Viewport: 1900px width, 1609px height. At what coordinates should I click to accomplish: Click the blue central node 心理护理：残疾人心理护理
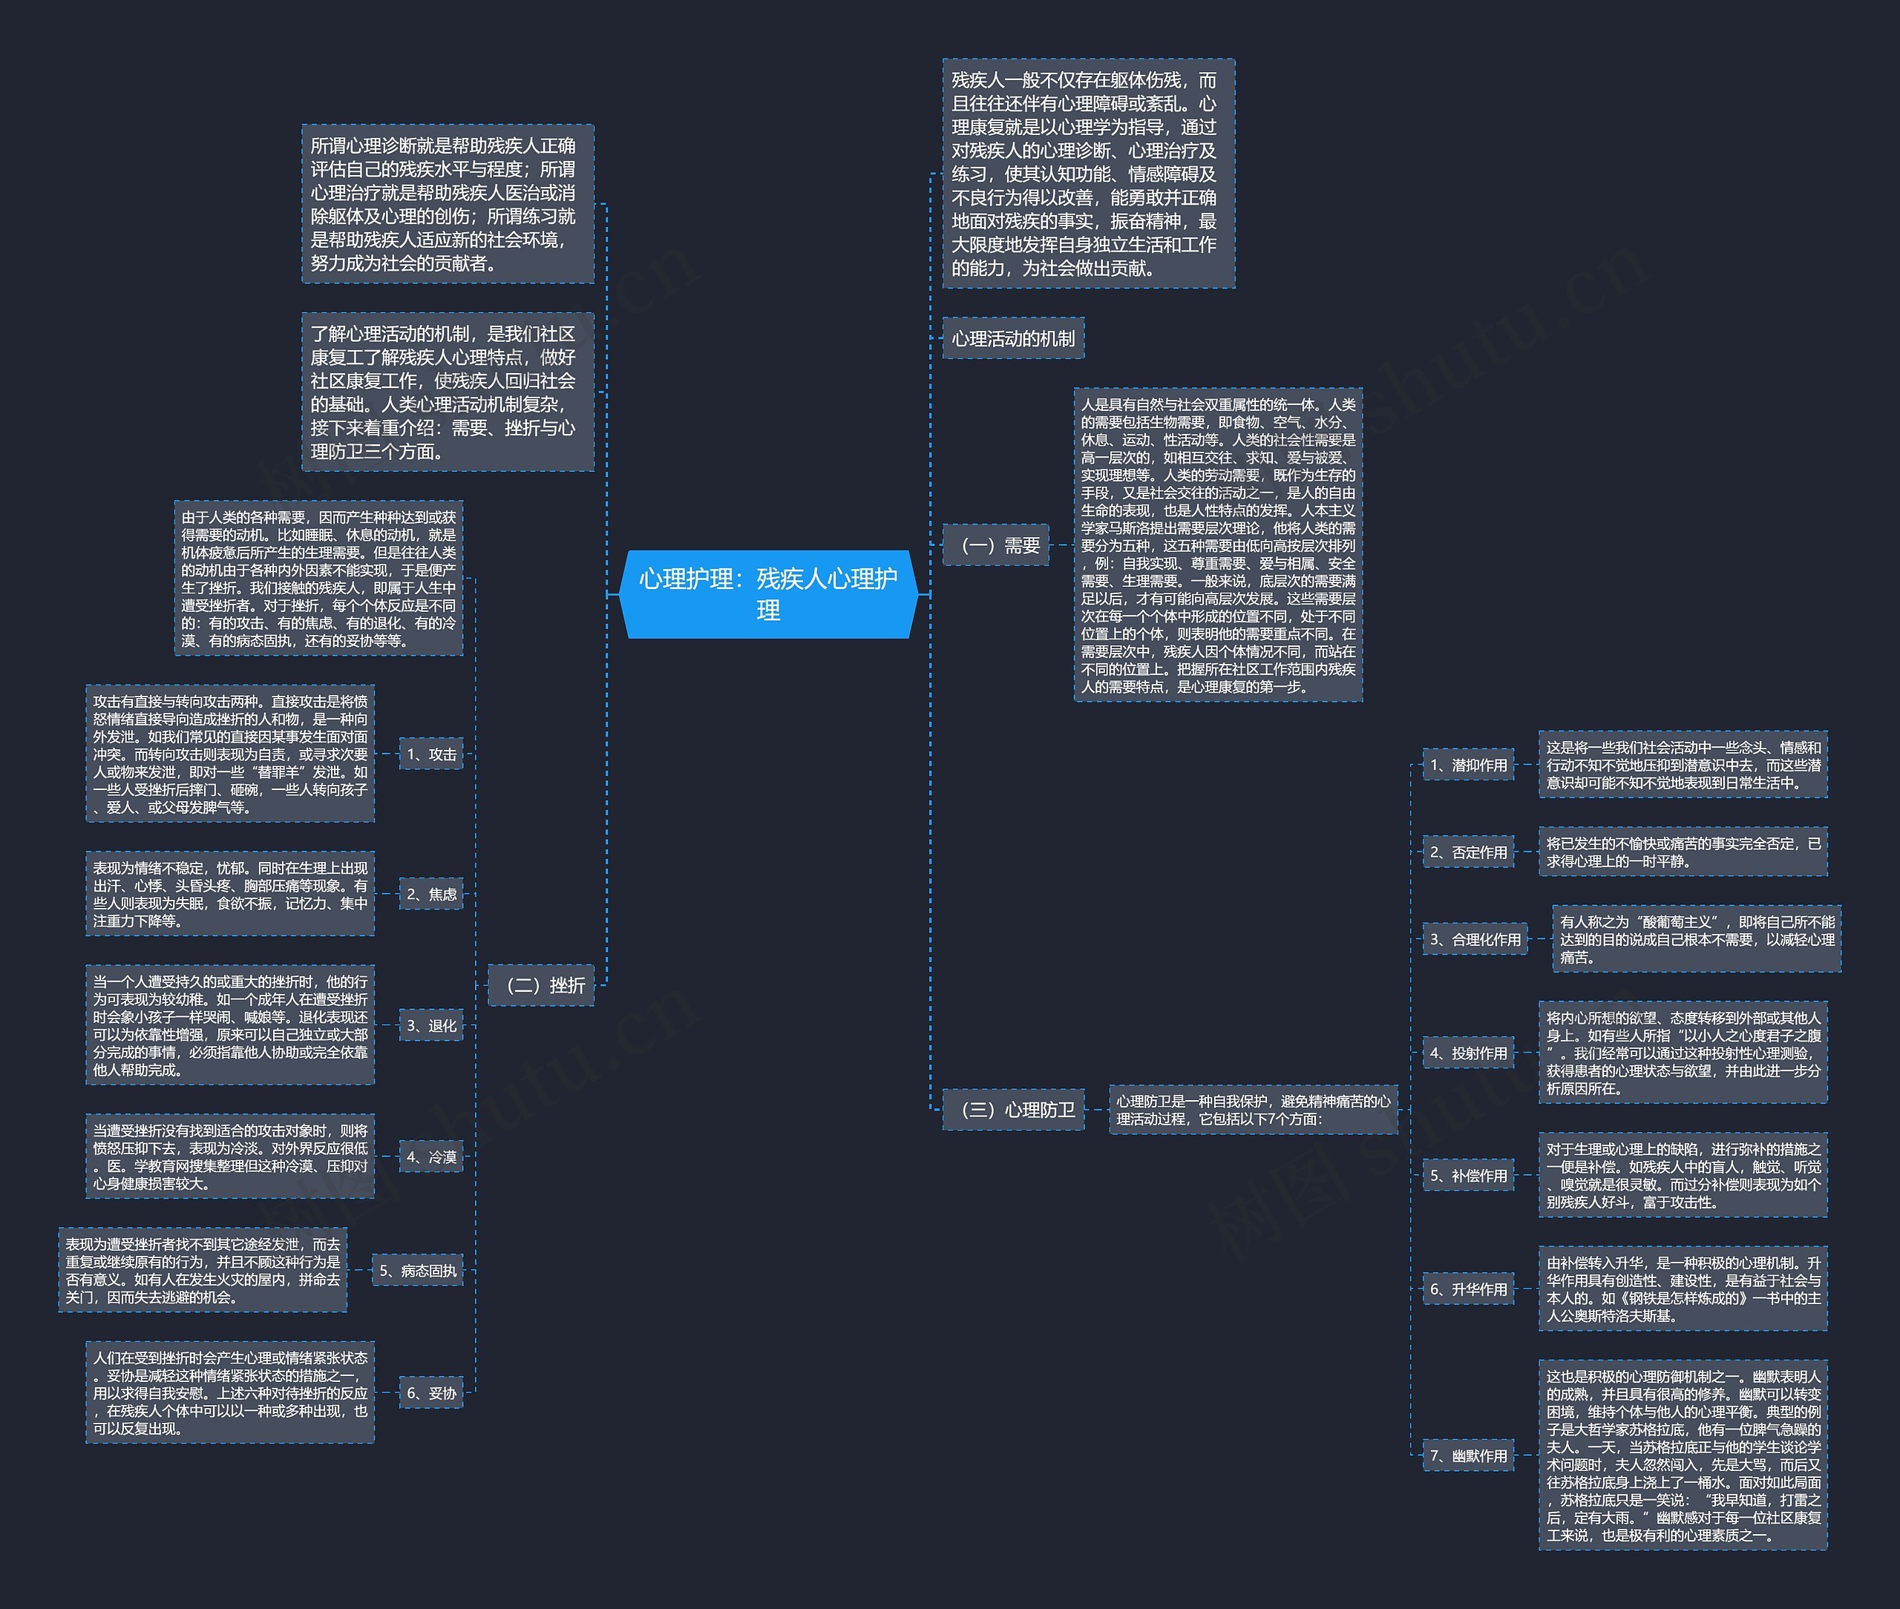[x=767, y=593]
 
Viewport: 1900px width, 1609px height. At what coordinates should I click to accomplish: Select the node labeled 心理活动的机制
[x=1013, y=338]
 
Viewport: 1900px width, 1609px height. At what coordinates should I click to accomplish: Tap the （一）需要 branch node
[x=995, y=544]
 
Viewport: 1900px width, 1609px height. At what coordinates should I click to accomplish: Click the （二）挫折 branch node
[x=541, y=985]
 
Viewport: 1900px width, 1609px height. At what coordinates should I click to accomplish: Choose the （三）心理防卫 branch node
[x=1013, y=1110]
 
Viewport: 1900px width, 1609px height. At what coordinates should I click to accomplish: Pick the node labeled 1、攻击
[x=430, y=754]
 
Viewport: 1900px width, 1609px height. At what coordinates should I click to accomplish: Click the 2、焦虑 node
[x=430, y=894]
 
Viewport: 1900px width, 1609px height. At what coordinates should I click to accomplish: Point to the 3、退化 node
[x=430, y=1025]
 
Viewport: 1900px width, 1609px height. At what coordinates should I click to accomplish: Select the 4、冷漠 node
[x=430, y=1156]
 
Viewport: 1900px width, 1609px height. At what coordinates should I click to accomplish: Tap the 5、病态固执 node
[x=417, y=1271]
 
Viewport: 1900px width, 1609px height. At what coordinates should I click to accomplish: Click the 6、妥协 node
[x=430, y=1393]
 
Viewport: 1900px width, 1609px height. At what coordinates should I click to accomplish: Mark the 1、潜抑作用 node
[x=1468, y=764]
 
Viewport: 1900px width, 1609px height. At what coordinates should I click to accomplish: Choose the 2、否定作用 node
[x=1468, y=852]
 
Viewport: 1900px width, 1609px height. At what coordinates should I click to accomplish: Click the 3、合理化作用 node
[x=1475, y=939]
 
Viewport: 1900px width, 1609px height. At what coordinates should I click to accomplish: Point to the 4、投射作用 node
[x=1468, y=1053]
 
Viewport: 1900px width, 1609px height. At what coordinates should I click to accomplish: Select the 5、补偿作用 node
[x=1468, y=1176]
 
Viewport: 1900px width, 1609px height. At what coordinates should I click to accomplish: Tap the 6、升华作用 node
[x=1468, y=1289]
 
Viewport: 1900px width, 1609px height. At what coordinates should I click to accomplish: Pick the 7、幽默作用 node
[x=1468, y=1455]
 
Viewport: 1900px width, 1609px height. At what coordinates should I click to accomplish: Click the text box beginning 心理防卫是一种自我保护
[x=1253, y=1110]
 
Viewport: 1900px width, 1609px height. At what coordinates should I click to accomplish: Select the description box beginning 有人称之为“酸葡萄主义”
[x=1697, y=938]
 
